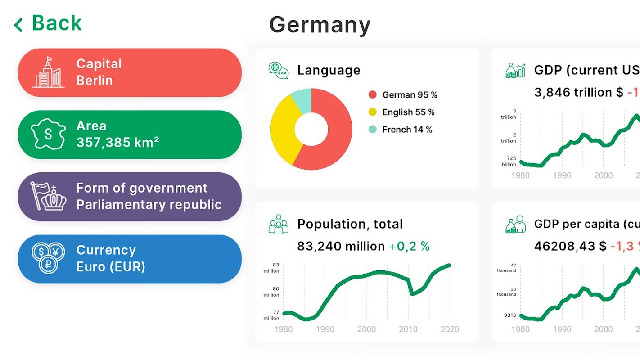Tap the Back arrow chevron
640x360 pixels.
(x=18, y=25)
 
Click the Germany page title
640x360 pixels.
(x=320, y=25)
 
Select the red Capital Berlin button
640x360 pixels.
(x=130, y=72)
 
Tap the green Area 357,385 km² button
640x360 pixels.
(x=130, y=135)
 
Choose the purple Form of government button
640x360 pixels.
(x=130, y=197)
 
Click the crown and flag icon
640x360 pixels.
(x=48, y=196)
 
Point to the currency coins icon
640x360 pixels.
(x=48, y=258)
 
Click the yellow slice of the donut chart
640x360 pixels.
(x=284, y=130)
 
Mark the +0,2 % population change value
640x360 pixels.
(x=409, y=246)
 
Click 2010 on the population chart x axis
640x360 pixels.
(x=408, y=329)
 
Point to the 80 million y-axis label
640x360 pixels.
(x=271, y=292)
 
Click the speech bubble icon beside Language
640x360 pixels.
(x=279, y=71)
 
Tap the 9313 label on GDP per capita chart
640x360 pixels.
(x=510, y=315)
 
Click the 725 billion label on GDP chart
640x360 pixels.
(x=509, y=162)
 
